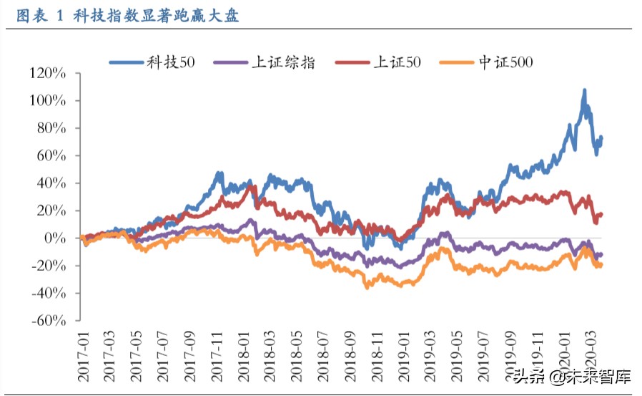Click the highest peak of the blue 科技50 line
pyautogui.click(x=584, y=90)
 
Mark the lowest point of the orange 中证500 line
pyautogui.click(x=367, y=287)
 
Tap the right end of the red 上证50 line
pyautogui.click(x=601, y=214)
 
